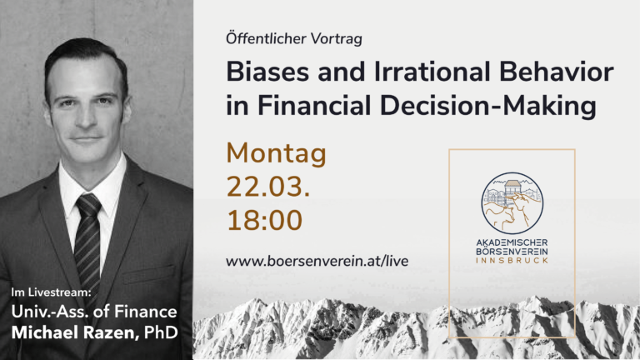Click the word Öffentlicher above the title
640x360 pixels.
pyautogui.click(x=266, y=38)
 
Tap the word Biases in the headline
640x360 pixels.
pyautogui.click(x=267, y=72)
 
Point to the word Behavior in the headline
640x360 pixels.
pyautogui.click(x=556, y=72)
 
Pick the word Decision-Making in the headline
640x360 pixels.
pyautogui.click(x=488, y=106)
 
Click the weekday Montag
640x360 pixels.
pyautogui.click(x=276, y=154)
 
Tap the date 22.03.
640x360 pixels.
pyautogui.click(x=267, y=187)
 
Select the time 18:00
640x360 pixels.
pyautogui.click(x=264, y=220)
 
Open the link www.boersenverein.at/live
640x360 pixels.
pyautogui.click(x=317, y=261)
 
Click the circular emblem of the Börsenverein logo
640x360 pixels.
pyautogui.click(x=512, y=202)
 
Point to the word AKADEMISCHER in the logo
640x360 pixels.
pyautogui.click(x=512, y=243)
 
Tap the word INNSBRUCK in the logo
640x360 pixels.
pyautogui.click(x=512, y=260)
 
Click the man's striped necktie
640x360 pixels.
pyautogui.click(x=87, y=241)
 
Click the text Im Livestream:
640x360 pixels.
pyautogui.click(x=51, y=292)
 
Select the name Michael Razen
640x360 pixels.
pyautogui.click(x=72, y=332)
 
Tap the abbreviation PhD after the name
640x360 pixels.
pyautogui.click(x=161, y=332)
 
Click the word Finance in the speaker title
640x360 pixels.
pyautogui.click(x=145, y=312)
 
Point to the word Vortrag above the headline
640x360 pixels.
pyautogui.click(x=337, y=39)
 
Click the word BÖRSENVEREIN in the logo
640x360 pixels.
pyautogui.click(x=512, y=252)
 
